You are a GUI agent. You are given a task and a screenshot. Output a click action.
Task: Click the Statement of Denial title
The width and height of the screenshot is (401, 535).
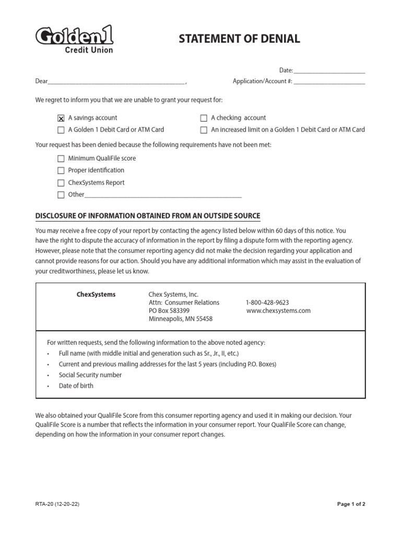pyautogui.click(x=240, y=39)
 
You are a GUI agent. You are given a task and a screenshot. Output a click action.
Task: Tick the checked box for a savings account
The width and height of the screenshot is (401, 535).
pyautogui.click(x=61, y=118)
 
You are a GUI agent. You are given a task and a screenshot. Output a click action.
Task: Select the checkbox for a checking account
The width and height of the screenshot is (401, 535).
pyautogui.click(x=204, y=118)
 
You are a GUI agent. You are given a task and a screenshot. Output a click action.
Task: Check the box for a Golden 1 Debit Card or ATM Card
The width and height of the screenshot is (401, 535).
pyautogui.click(x=61, y=130)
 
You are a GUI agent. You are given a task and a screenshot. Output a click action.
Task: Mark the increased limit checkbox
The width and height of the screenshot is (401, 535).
pyautogui.click(x=204, y=130)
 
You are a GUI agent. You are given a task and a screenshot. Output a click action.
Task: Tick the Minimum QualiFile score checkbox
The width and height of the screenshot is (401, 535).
pyautogui.click(x=61, y=158)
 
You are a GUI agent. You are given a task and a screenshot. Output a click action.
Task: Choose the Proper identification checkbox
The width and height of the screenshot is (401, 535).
pyautogui.click(x=61, y=171)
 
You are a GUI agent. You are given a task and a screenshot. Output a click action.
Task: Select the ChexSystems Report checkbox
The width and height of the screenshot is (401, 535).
pyautogui.click(x=61, y=183)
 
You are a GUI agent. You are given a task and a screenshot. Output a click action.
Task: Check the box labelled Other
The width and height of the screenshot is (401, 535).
pyautogui.click(x=61, y=195)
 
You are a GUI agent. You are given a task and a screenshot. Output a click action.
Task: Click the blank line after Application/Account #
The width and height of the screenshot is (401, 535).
pyautogui.click(x=329, y=83)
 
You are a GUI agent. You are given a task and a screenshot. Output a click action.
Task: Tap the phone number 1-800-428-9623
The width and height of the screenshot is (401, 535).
pyautogui.click(x=267, y=303)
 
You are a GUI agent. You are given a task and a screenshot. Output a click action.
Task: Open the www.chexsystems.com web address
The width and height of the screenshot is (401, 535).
pyautogui.click(x=278, y=310)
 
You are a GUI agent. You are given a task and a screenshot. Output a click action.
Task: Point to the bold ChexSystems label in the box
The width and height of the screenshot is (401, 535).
pyautogui.click(x=96, y=295)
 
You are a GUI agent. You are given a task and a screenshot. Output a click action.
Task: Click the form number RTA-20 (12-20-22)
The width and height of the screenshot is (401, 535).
pyautogui.click(x=57, y=505)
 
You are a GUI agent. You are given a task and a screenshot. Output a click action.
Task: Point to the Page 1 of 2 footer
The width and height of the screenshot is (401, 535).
pyautogui.click(x=351, y=505)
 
